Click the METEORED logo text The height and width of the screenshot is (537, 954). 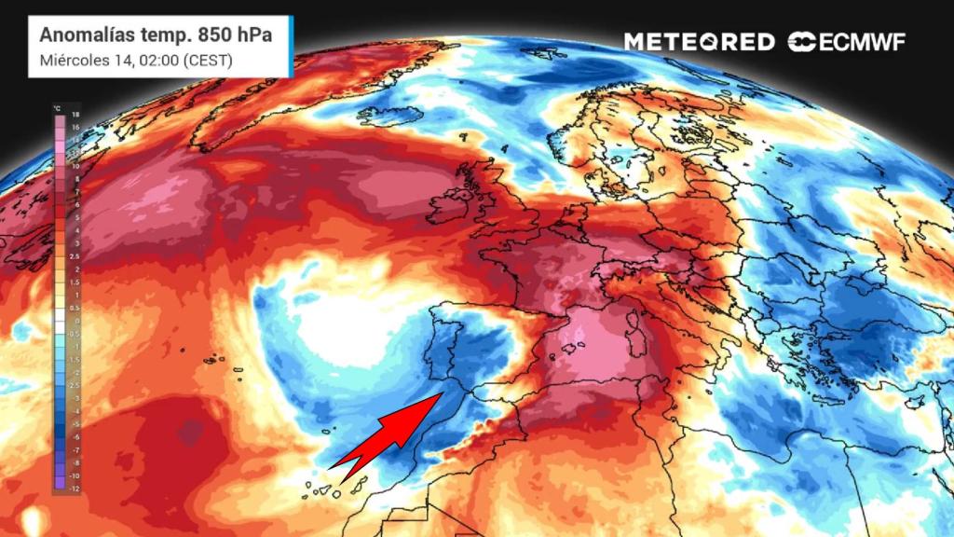[x=699, y=42]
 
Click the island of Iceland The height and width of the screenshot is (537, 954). [x=389, y=116]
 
